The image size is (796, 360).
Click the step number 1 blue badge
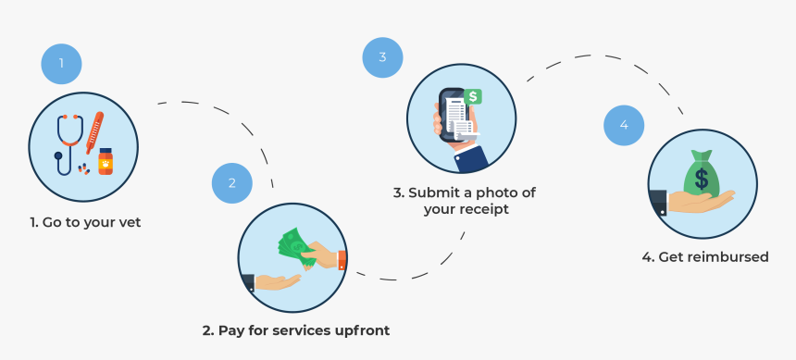point(61,64)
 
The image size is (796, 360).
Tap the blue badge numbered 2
point(232,183)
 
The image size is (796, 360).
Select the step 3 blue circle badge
point(382,57)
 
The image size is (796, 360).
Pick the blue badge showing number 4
point(624,125)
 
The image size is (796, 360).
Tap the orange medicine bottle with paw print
point(106,162)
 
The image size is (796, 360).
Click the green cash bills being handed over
point(297,246)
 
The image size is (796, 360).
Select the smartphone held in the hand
point(454,116)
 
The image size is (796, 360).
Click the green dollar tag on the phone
point(474,96)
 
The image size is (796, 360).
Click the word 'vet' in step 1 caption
point(129,222)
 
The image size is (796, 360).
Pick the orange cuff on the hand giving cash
point(342,260)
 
